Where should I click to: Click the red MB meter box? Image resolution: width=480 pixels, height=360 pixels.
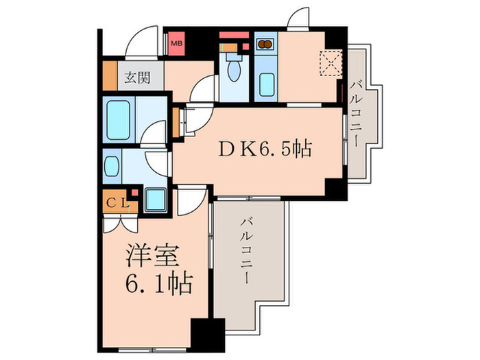tap(177, 43)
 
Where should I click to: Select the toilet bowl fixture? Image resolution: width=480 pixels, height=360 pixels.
tap(233, 69)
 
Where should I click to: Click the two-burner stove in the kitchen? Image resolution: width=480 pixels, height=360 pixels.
tap(264, 45)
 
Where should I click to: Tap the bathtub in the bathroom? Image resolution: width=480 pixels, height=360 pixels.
tap(117, 118)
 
